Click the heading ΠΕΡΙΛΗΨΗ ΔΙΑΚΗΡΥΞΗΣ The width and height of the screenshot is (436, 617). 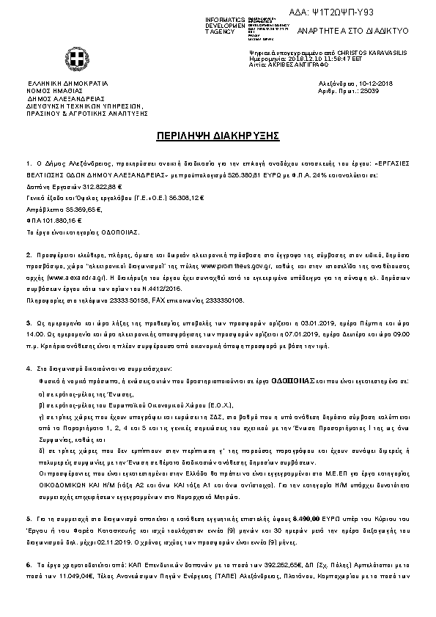point(217,136)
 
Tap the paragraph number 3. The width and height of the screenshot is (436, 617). point(28,322)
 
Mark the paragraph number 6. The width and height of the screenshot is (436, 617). point(28,566)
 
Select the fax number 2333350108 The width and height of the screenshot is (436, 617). point(224,300)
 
